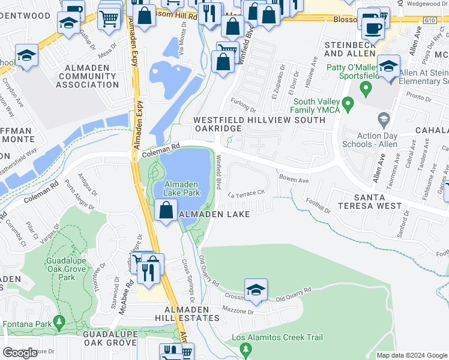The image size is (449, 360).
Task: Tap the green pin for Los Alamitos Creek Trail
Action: (245, 349)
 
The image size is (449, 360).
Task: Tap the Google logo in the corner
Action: (20, 353)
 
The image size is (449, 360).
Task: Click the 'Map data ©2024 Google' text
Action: (411, 355)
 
